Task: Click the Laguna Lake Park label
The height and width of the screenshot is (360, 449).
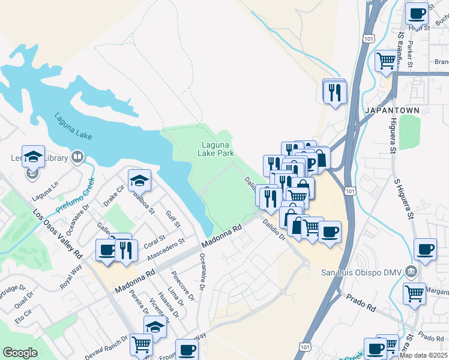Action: (217, 148)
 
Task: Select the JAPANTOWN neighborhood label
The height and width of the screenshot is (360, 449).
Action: (388, 111)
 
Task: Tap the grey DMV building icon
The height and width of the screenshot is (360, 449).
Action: (411, 271)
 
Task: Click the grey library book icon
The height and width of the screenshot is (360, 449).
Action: (77, 158)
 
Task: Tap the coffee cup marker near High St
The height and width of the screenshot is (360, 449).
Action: (416, 13)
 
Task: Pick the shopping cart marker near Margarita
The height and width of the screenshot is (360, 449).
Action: (414, 293)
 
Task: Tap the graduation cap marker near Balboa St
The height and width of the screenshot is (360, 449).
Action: (139, 180)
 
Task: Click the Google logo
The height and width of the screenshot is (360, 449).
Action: (20, 353)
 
